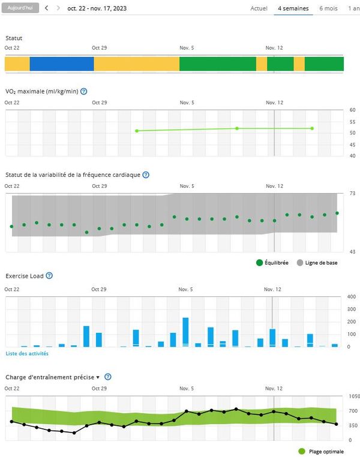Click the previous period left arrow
(x=46, y=9)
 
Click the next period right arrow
(x=58, y=9)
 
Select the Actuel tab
(x=259, y=9)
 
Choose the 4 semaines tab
(x=293, y=9)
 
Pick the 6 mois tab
(x=328, y=9)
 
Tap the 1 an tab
(x=353, y=9)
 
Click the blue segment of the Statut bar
(x=62, y=64)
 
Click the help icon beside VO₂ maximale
(x=84, y=92)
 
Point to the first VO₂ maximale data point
(x=137, y=131)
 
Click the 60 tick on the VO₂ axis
(x=352, y=110)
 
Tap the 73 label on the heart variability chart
(x=352, y=193)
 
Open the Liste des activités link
(x=27, y=354)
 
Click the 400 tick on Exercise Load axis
(x=352, y=297)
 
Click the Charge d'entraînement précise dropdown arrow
(x=98, y=377)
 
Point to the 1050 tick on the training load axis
(x=353, y=396)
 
